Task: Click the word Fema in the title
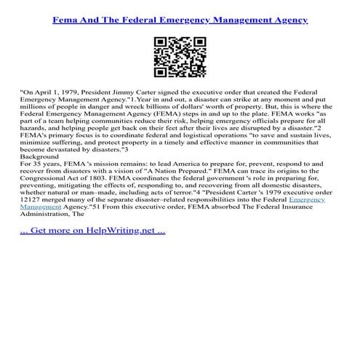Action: point(66,14)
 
